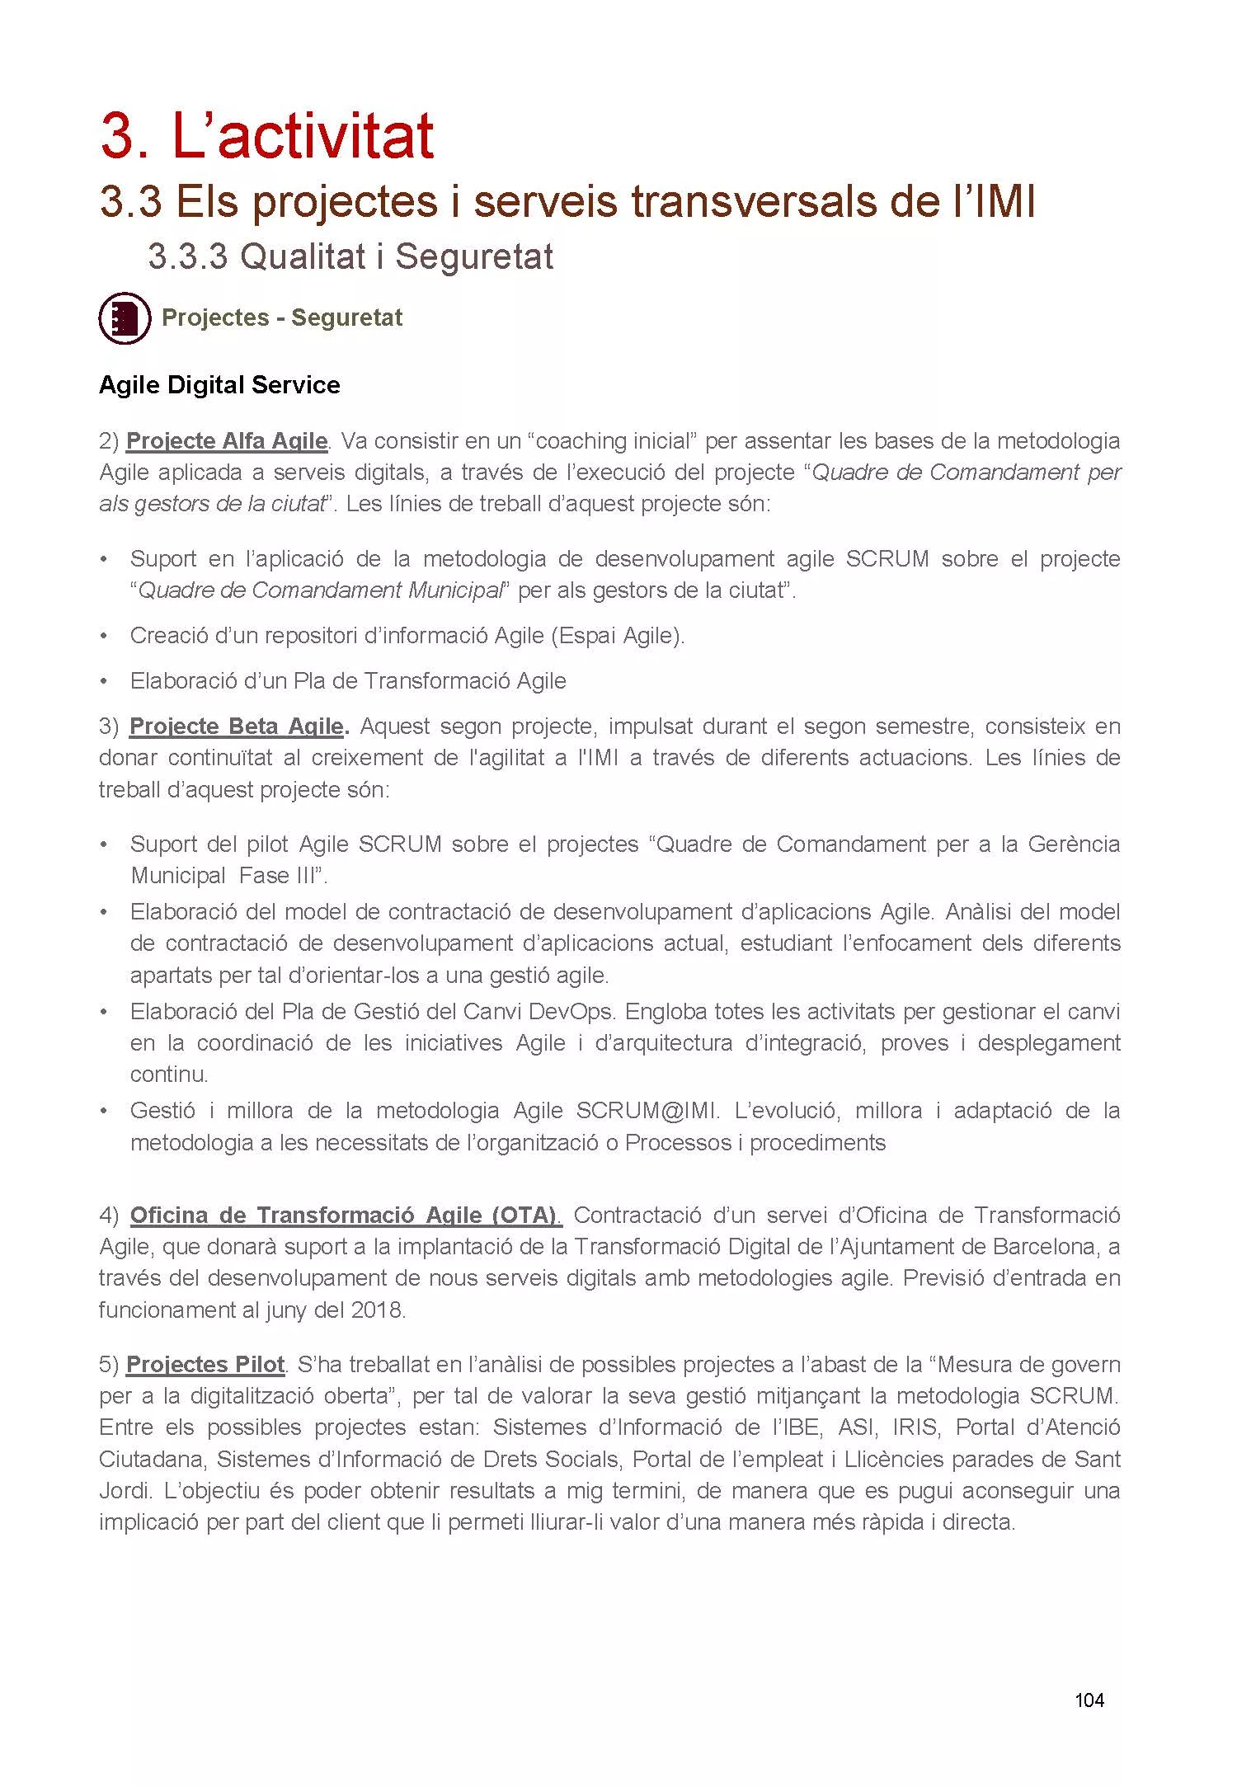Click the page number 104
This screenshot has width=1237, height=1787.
1089,1700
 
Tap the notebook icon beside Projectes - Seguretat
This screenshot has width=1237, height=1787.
125,317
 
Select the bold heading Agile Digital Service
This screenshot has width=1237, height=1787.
219,385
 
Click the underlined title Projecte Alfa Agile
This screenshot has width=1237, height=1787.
227,441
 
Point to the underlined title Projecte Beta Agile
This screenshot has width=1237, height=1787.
237,727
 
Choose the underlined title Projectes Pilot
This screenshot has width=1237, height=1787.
205,1365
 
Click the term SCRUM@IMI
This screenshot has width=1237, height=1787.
647,1111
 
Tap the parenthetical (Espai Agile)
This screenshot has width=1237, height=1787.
618,636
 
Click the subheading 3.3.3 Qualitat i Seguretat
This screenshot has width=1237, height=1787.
350,256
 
